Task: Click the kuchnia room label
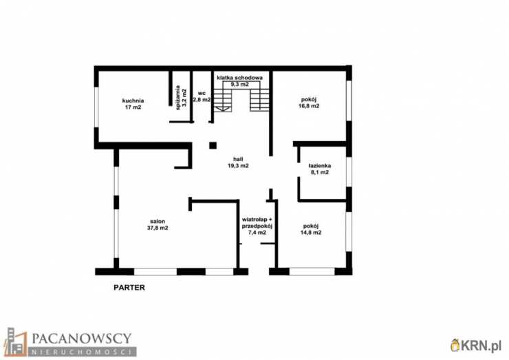(133, 100)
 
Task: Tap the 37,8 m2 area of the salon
(158, 228)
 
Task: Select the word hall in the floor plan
(238, 159)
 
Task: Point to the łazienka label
(320, 166)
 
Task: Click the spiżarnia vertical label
(177, 98)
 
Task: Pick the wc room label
(202, 93)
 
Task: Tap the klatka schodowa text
(239, 78)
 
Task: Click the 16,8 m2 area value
(309, 106)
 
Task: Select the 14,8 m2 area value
(311, 233)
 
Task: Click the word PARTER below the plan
(129, 288)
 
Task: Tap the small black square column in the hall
(213, 145)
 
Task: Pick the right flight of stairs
(259, 97)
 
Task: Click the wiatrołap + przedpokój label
(257, 226)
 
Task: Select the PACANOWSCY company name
(81, 339)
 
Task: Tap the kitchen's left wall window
(96, 107)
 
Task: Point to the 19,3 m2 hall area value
(238, 166)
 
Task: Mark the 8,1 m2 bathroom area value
(320, 172)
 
